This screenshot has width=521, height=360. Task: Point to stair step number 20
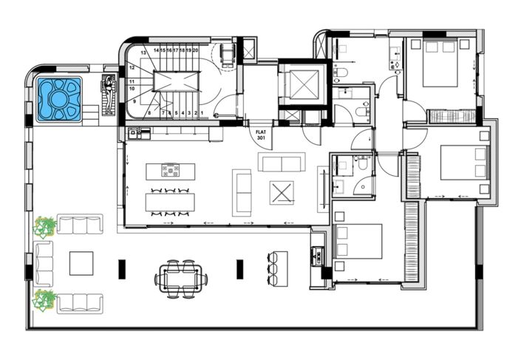(x=195, y=51)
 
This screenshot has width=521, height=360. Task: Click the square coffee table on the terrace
(x=81, y=262)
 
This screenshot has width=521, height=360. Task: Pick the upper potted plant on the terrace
(x=46, y=225)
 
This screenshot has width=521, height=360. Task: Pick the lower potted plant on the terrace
(x=46, y=299)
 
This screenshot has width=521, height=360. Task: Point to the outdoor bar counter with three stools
(x=276, y=268)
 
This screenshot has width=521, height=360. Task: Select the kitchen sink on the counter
(x=137, y=135)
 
